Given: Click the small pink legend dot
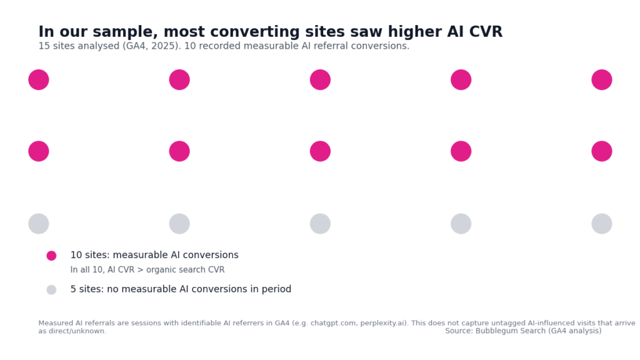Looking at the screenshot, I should coord(51,256).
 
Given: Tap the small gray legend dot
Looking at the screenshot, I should coord(51,290).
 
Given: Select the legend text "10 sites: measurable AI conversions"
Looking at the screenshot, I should coord(154,256).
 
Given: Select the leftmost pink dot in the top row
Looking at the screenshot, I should coord(39,80).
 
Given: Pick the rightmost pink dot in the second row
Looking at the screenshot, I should coord(601,151).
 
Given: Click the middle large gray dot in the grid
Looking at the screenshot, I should coord(320,224).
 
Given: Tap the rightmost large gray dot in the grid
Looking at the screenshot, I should coord(601,224).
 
